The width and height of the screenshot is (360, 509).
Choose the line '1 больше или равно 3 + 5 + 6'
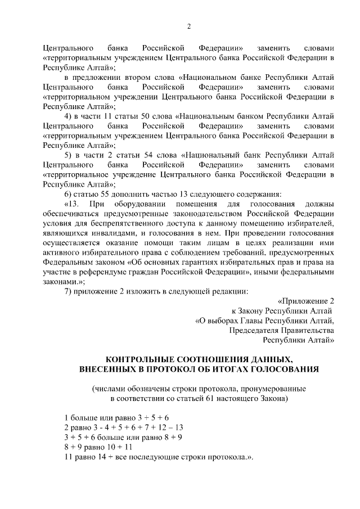click(x=116, y=418)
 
